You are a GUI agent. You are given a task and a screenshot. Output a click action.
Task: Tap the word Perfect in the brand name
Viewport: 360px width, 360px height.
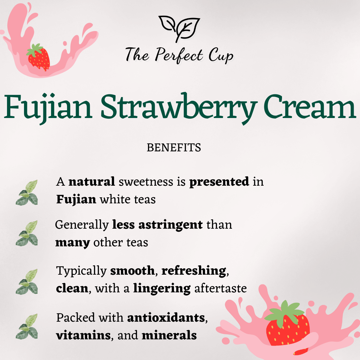pyautogui.click(x=179, y=55)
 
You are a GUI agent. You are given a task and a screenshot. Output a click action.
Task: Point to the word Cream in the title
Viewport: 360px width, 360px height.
pyautogui.click(x=310, y=107)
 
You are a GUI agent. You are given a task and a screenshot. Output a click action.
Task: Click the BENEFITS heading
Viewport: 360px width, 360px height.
pyautogui.click(x=174, y=148)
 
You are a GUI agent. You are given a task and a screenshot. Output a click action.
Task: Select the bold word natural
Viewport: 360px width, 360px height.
pyautogui.click(x=92, y=182)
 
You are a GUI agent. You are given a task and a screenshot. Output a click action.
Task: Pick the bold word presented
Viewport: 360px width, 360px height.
pyautogui.click(x=219, y=182)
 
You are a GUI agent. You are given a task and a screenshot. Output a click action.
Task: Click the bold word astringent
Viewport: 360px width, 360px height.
pyautogui.click(x=171, y=225)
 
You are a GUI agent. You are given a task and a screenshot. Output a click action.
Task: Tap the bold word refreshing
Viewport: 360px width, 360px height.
pyautogui.click(x=194, y=271)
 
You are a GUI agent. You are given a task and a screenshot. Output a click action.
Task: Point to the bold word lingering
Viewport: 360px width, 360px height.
pyautogui.click(x=162, y=289)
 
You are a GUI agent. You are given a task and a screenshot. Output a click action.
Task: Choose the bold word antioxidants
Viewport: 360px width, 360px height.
pyautogui.click(x=166, y=318)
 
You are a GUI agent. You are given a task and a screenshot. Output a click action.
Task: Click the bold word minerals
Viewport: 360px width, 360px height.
pyautogui.click(x=169, y=335)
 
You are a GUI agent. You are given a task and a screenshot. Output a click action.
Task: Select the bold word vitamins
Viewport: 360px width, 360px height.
pyautogui.click(x=83, y=335)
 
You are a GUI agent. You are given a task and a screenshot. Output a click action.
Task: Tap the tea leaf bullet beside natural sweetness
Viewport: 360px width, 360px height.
pyautogui.click(x=27, y=193)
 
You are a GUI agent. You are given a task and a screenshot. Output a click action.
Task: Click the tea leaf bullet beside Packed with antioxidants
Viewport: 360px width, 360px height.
pyautogui.click(x=27, y=326)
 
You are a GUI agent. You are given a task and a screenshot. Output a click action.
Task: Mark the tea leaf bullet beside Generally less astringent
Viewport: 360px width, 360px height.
pyautogui.click(x=27, y=233)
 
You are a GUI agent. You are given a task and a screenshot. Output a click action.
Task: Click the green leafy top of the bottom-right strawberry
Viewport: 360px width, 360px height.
pyautogui.click(x=284, y=313)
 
